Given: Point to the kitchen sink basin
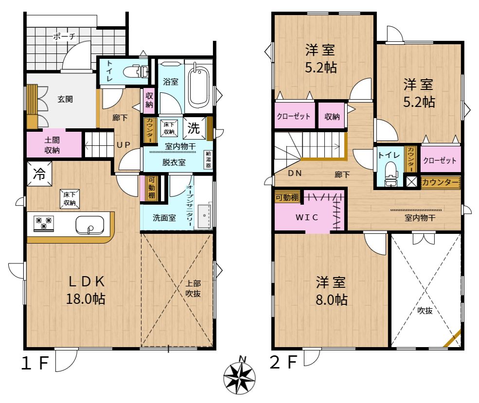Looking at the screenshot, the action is tap(89, 225).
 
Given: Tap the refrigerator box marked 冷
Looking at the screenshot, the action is tap(39, 174).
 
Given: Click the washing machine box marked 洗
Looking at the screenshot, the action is tap(194, 128).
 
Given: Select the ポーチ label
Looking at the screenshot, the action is tap(64, 36).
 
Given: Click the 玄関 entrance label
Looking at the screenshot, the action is tap(65, 99).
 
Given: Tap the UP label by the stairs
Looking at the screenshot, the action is tap(124, 145).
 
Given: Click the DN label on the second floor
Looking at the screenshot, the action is tap(295, 173).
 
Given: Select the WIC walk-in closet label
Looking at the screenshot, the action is tap(307, 217).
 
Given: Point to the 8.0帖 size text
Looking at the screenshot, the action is tap(332, 300).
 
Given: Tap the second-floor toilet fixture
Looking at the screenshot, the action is tap(390, 174).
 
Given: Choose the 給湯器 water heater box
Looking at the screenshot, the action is tap(208, 159).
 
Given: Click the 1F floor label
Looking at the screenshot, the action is tap(35, 363).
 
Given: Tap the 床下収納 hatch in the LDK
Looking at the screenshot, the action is tap(70, 199).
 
